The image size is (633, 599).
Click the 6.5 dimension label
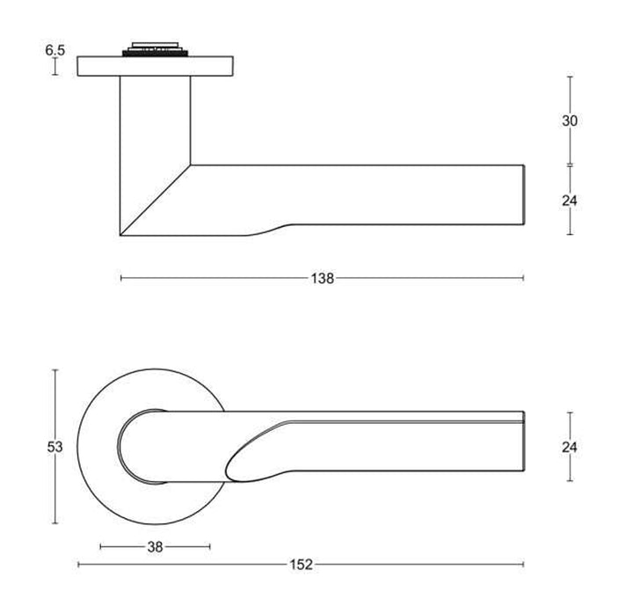[x=55, y=50]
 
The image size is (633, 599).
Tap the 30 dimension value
[x=570, y=121]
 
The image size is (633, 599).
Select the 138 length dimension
[x=323, y=279]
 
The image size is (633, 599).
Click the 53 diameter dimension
[x=55, y=447]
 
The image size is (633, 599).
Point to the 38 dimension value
[x=156, y=547]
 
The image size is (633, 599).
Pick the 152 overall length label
[x=301, y=565]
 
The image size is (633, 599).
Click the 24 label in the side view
[x=570, y=200]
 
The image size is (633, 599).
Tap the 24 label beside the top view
[x=570, y=447]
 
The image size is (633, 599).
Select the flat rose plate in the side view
[x=156, y=66]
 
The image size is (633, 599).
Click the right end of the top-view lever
[x=522, y=446]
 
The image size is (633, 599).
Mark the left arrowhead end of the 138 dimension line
[x=120, y=279]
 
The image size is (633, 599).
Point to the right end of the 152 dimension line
[x=524, y=565]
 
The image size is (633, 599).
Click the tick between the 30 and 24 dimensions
[x=570, y=164]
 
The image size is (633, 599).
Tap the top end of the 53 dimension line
[x=55, y=369]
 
